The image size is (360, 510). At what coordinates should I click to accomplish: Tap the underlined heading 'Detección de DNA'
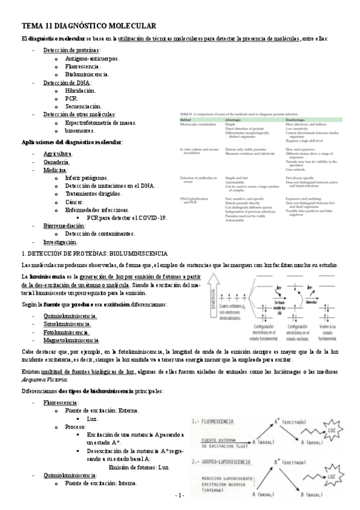click(x=67, y=82)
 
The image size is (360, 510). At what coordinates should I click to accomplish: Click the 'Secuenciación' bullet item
click(x=84, y=106)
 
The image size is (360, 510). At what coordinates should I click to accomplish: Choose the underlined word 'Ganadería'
click(x=56, y=162)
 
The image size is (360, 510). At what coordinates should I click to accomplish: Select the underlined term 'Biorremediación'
click(x=64, y=226)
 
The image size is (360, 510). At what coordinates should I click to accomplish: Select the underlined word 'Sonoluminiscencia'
click(x=67, y=324)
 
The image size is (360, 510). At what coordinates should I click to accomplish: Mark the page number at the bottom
click(x=180, y=495)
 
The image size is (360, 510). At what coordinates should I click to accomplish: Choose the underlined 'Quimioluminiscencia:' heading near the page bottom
click(x=70, y=475)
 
